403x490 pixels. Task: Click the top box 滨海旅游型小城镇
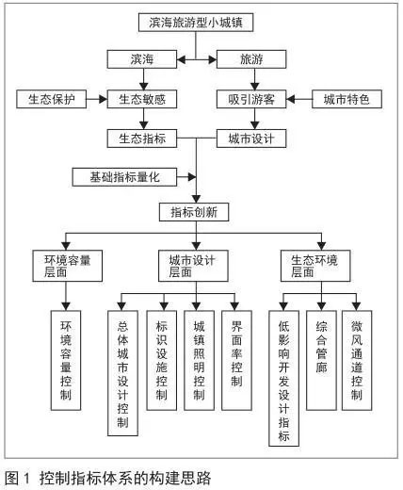point(196,23)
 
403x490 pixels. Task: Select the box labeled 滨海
point(142,59)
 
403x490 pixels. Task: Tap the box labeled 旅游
point(251,59)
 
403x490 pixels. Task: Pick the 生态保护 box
point(52,99)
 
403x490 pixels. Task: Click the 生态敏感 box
point(142,99)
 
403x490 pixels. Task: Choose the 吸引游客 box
point(251,99)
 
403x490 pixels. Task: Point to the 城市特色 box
point(347,99)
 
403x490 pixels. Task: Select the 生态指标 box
point(142,139)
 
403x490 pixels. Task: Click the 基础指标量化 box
point(124,177)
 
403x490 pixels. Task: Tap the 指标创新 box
point(194,212)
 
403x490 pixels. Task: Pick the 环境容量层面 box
point(68,266)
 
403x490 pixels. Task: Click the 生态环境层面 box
point(315,266)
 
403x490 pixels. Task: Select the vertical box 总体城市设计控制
point(122,373)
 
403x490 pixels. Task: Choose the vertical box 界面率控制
point(236,361)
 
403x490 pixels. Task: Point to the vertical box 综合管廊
point(321,361)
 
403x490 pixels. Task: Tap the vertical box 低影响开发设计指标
point(283,379)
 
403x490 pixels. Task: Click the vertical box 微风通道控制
point(357,361)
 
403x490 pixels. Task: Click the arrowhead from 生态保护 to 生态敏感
point(103,99)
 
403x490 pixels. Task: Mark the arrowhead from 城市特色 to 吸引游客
point(291,99)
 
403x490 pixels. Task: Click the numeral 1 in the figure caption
point(26,479)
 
